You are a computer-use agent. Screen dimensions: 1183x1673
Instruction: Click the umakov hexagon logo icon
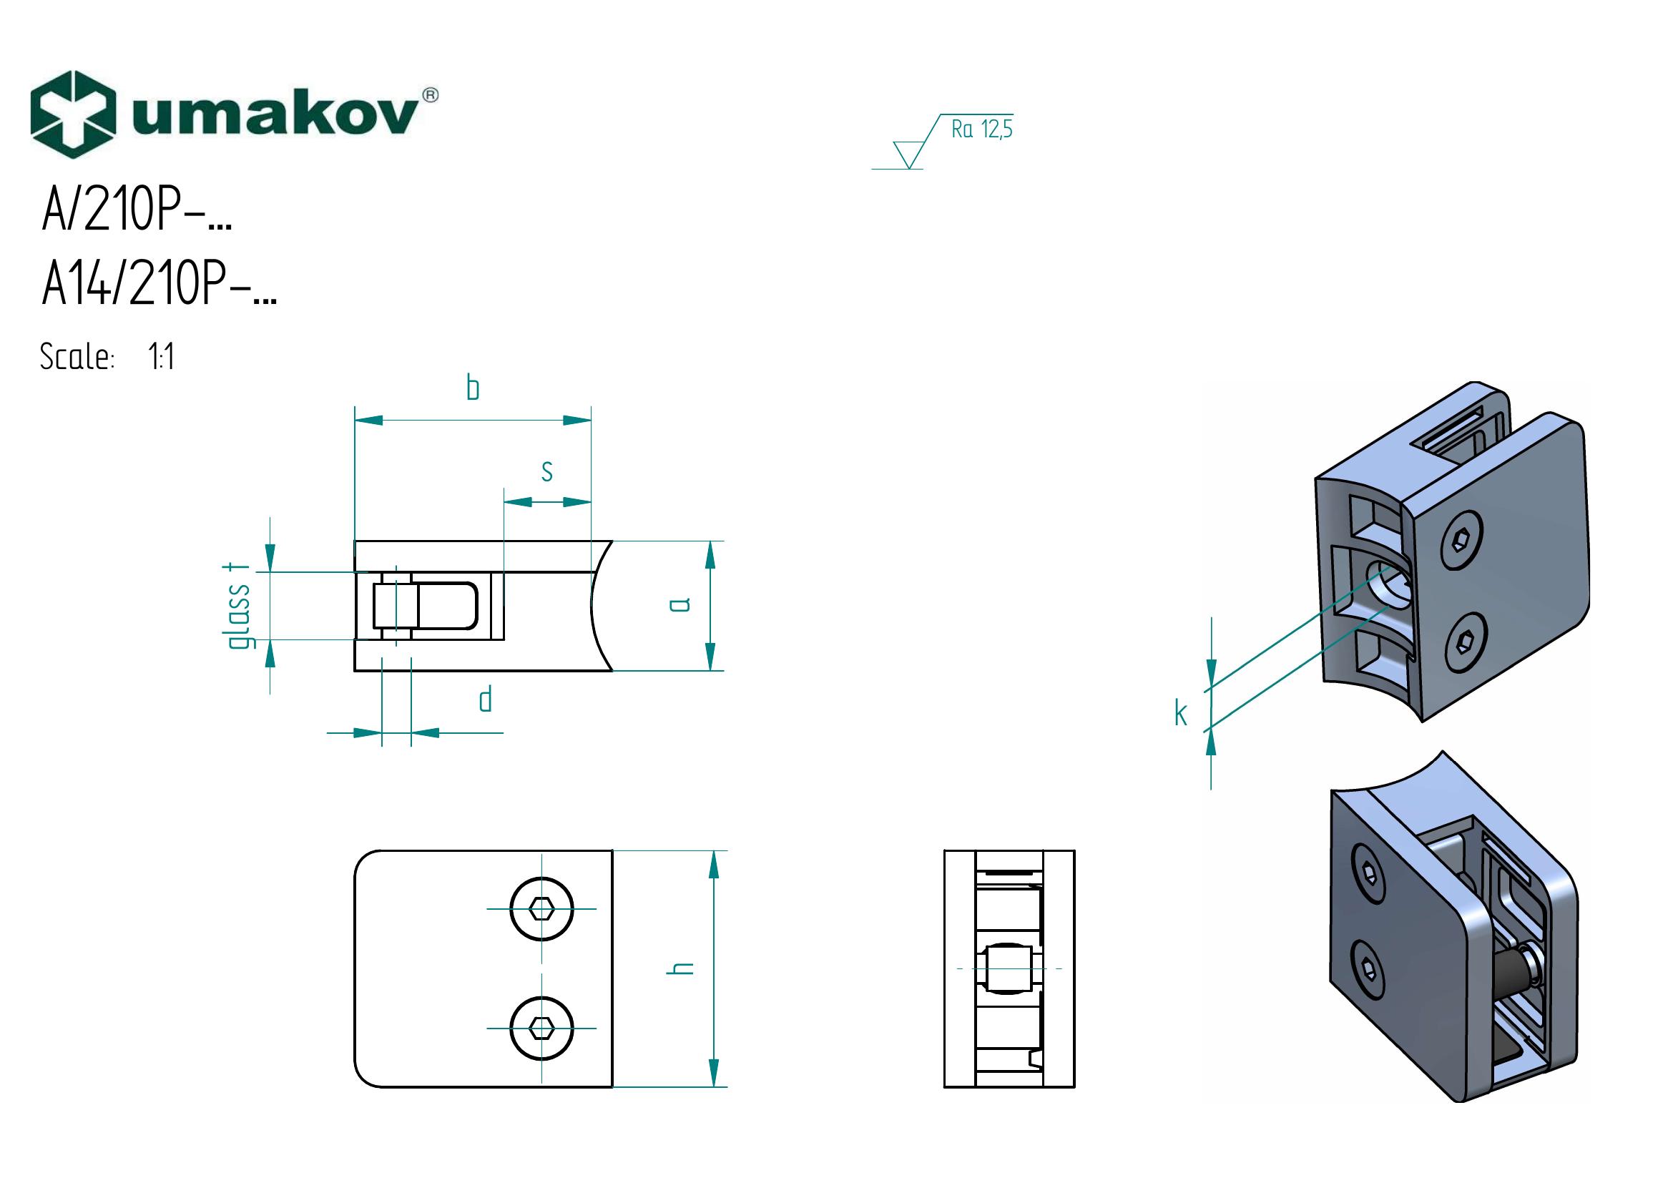click(73, 114)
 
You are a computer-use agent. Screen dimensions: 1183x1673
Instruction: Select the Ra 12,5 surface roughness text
click(981, 129)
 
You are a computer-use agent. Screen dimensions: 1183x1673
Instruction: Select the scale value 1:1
click(161, 358)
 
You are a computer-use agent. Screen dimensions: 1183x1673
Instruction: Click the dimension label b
click(473, 388)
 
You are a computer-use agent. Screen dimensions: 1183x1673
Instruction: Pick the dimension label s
click(546, 471)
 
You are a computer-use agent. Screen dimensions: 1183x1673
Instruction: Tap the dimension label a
click(679, 604)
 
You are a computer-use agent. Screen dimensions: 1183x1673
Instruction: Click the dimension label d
click(485, 700)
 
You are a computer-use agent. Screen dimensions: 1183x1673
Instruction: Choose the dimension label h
click(680, 968)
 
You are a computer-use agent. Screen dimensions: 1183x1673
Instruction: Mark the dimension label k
click(1181, 714)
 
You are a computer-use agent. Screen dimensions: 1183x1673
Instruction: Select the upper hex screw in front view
click(541, 909)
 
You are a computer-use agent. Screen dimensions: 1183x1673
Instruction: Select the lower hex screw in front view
click(541, 1028)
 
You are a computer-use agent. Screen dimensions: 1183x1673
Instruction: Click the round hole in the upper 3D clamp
click(1388, 584)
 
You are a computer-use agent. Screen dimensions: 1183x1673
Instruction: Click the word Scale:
click(77, 358)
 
